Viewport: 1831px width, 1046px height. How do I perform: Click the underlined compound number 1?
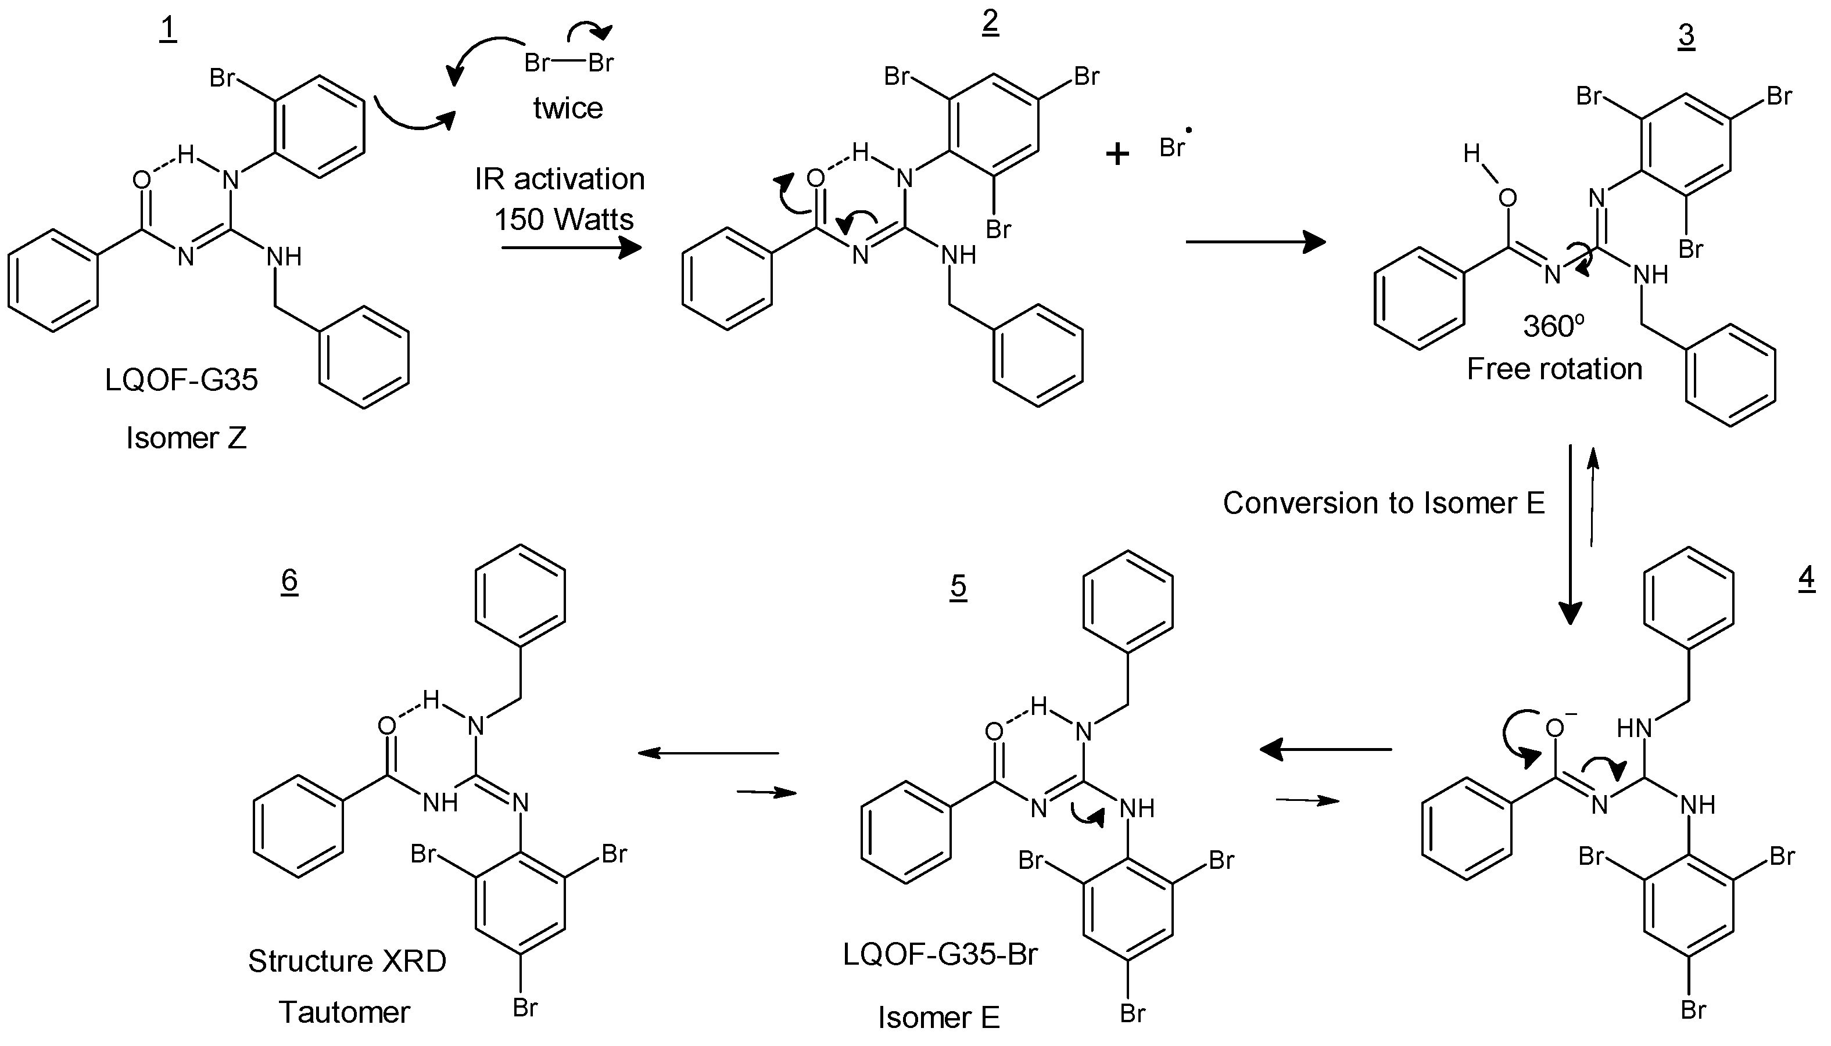[167, 30]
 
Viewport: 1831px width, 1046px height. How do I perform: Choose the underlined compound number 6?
[289, 580]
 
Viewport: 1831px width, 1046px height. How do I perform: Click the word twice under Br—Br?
[568, 109]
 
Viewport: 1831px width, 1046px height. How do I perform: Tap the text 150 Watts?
[564, 219]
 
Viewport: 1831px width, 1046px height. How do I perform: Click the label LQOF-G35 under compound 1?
[181, 379]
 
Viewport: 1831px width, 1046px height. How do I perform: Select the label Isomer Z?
[186, 437]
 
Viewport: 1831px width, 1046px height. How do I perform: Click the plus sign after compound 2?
[1117, 154]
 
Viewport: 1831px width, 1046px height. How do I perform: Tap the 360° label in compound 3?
[1553, 326]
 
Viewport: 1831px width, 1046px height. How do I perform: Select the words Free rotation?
[1554, 369]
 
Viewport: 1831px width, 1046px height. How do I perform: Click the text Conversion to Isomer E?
[1384, 503]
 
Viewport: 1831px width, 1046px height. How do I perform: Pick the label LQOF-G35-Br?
[940, 954]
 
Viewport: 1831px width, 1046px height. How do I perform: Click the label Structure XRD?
[347, 961]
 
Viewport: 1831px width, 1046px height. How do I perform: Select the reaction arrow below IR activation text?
[571, 249]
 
